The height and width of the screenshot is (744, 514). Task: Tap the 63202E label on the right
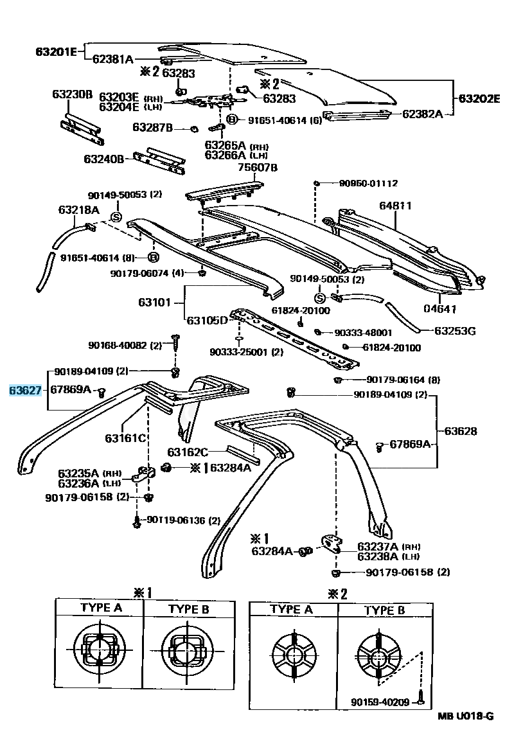coord(479,98)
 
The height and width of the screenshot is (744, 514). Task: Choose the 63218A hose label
coord(78,209)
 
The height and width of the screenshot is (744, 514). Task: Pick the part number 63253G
coord(455,332)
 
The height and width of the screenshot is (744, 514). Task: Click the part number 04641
coord(440,309)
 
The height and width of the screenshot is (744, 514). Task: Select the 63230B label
coord(73,94)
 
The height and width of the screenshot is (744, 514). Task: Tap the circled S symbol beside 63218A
coord(116,217)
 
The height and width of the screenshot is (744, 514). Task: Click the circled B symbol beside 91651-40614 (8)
coord(153,258)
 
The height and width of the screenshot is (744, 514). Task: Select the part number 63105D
coord(207,319)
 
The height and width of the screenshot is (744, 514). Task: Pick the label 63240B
coord(103,158)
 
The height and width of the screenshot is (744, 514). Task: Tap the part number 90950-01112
coord(368,183)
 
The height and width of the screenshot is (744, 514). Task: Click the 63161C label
coord(126,438)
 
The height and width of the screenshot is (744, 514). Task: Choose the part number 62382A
coord(422,114)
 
